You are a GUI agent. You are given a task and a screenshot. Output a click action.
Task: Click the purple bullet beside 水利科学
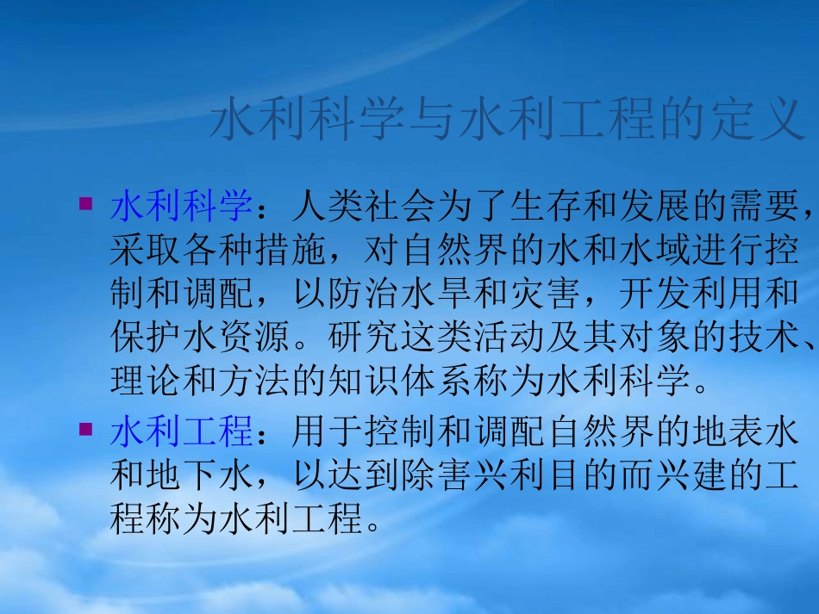(x=84, y=204)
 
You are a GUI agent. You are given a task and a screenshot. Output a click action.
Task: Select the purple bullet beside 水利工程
(x=84, y=428)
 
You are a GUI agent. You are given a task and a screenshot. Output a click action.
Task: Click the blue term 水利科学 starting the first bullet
(x=182, y=207)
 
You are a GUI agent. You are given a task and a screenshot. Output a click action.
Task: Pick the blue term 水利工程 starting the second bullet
(x=182, y=431)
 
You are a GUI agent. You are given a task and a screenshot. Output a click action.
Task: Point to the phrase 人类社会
(x=363, y=207)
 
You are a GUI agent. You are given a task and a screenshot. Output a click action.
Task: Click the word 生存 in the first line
(x=545, y=207)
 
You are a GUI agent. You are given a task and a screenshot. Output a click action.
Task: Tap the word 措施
(x=291, y=251)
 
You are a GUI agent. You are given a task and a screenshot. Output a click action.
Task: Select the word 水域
(x=653, y=251)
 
